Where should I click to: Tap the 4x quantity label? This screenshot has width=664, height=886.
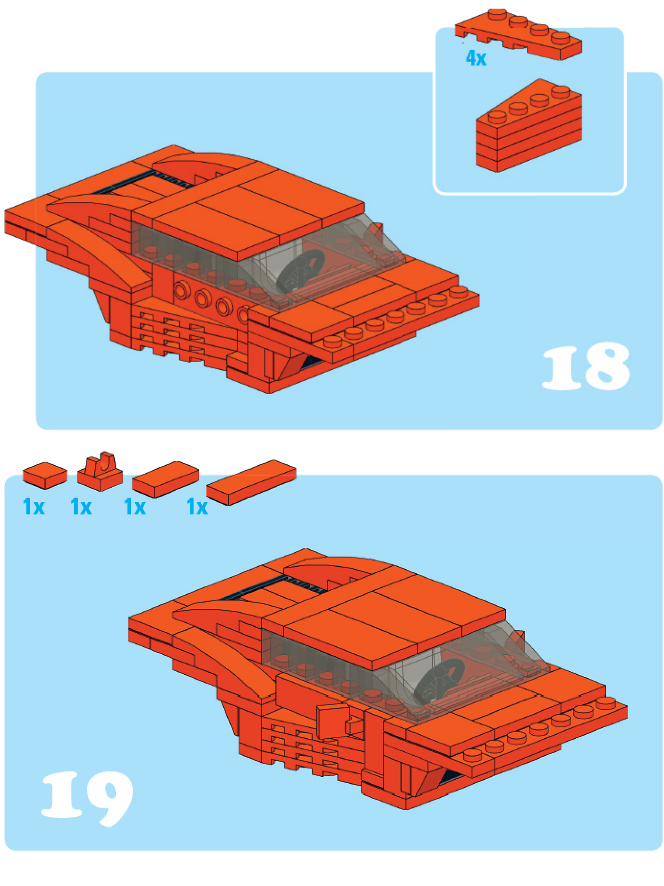[x=476, y=58]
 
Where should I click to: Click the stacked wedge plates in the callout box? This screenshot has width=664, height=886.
[x=529, y=126]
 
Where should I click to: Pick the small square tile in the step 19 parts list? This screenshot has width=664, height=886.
[x=45, y=475]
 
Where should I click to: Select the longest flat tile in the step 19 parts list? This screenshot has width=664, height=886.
[x=251, y=482]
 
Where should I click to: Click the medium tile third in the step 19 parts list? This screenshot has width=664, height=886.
[x=165, y=479]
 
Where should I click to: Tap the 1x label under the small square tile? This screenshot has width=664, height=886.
[x=34, y=506]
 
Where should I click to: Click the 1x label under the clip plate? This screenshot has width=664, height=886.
[x=81, y=506]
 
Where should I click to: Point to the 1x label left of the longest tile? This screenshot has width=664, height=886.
[x=197, y=506]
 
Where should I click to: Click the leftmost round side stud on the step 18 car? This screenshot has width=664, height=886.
[x=182, y=290]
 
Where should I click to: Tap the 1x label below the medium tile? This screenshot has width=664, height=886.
[x=135, y=506]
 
